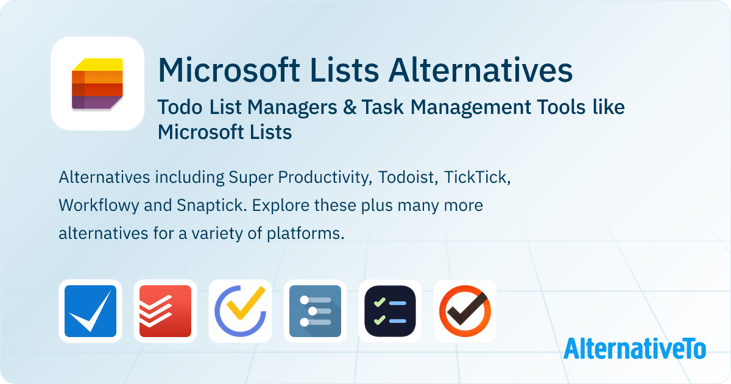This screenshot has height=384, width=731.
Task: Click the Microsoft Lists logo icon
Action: click(97, 84)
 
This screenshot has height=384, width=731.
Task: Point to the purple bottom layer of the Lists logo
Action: click(96, 102)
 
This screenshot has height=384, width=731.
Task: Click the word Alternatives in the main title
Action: click(481, 71)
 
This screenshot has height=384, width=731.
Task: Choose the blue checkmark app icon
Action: click(90, 311)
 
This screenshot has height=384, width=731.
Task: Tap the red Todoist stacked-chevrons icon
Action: click(165, 311)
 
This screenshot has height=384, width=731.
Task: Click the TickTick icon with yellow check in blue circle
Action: click(240, 311)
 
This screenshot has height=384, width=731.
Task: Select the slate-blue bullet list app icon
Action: click(315, 311)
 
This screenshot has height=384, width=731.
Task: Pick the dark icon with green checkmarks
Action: click(390, 311)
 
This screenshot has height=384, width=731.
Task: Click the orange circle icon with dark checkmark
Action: click(465, 311)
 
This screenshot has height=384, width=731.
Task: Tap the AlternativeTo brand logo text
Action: click(635, 348)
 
